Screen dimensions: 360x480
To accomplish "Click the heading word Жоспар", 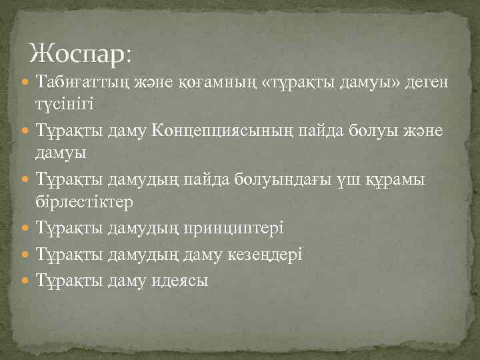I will (81, 53).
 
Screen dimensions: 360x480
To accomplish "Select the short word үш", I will (357, 181).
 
